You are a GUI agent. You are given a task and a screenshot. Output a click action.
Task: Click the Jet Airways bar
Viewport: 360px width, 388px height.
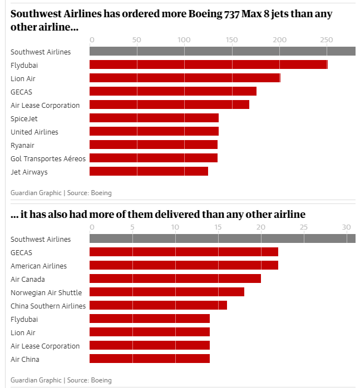tap(149, 172)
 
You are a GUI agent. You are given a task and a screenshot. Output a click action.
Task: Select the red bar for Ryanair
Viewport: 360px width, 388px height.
tap(154, 145)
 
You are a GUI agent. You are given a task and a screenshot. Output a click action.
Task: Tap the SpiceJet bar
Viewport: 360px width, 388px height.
tap(154, 118)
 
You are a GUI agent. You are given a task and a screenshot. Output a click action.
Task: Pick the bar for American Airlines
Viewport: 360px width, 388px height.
tap(184, 266)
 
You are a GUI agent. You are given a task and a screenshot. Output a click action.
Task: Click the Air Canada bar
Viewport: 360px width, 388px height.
tap(175, 279)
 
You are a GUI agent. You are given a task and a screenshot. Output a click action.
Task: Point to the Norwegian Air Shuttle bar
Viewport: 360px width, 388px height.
tap(167, 292)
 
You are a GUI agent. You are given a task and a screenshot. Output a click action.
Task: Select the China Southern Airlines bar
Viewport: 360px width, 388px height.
tap(158, 306)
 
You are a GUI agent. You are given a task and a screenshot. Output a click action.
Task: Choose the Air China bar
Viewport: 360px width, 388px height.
tap(150, 359)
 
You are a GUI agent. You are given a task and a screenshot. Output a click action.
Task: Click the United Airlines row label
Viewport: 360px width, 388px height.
tap(34, 132)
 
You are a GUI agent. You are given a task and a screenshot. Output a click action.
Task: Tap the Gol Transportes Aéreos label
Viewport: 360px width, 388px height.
tap(48, 158)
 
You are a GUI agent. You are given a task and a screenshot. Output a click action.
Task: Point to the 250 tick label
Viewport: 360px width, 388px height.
tap(326, 40)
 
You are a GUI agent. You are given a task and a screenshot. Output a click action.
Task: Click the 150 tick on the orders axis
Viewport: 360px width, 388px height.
tap(232, 40)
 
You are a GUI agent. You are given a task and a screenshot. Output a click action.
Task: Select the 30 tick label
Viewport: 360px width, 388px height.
tap(346, 227)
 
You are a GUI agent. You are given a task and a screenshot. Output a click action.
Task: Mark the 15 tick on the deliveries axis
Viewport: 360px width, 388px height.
tap(218, 227)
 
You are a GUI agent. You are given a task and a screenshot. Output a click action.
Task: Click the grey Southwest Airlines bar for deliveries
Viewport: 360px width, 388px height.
tap(223, 239)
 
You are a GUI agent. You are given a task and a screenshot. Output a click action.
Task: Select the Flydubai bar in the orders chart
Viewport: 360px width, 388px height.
tap(209, 65)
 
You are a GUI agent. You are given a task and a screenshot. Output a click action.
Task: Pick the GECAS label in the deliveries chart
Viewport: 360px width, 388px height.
tap(22, 252)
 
